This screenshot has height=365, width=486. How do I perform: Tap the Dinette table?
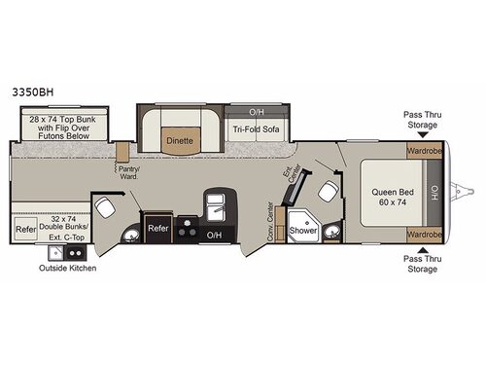[180, 139]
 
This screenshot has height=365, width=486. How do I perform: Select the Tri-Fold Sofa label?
[255, 129]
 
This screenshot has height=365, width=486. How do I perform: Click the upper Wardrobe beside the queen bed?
[424, 152]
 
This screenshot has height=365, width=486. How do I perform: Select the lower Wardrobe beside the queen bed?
[424, 235]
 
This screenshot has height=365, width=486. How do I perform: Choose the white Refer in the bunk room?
[25, 230]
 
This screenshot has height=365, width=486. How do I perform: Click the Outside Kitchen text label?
[67, 268]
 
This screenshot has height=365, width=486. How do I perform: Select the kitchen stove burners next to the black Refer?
[188, 234]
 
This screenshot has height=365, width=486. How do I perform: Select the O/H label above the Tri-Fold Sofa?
[256, 111]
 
